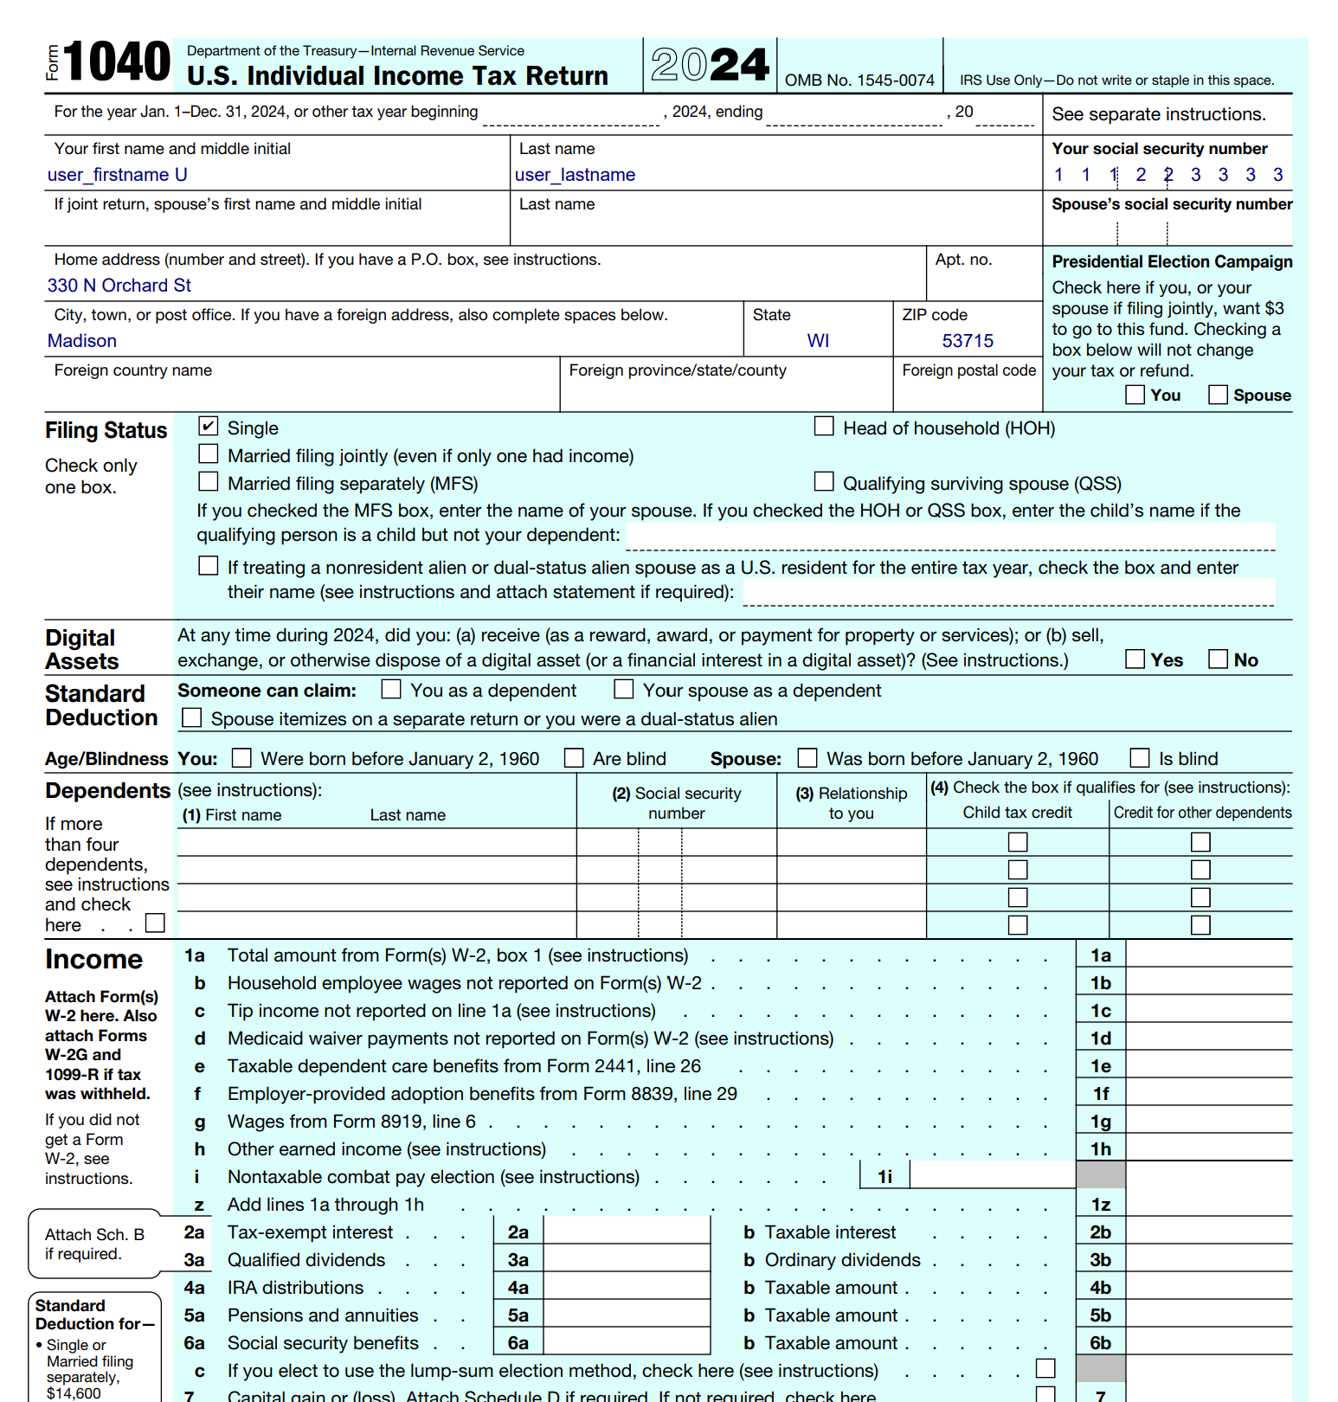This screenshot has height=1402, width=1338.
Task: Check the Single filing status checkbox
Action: (208, 426)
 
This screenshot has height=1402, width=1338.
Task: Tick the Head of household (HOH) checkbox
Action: (824, 426)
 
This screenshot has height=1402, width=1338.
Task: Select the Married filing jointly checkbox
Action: (208, 453)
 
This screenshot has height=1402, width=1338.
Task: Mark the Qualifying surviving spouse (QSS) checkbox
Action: (824, 481)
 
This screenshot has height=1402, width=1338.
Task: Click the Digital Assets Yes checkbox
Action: (1135, 659)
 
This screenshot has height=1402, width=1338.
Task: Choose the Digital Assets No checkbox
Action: (1218, 659)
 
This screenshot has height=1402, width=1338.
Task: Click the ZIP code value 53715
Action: (967, 341)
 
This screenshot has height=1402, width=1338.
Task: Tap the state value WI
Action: (818, 341)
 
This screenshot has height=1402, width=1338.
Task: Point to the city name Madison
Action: (82, 341)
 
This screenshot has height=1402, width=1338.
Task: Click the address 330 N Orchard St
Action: (119, 286)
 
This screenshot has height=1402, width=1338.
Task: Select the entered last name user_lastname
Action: (575, 175)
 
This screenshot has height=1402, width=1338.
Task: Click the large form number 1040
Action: (117, 62)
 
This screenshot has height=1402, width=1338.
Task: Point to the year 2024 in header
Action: (710, 65)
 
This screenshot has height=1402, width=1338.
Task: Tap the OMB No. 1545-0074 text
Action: (859, 80)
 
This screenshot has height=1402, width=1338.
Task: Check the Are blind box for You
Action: (574, 758)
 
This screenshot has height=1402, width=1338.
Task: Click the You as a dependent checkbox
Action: (391, 689)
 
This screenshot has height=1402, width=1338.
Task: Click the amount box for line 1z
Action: (1208, 1204)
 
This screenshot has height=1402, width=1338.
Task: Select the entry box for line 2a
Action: (626, 1232)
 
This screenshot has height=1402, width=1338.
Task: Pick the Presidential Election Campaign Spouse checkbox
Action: (1218, 395)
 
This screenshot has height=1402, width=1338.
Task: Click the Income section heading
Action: (93, 959)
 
